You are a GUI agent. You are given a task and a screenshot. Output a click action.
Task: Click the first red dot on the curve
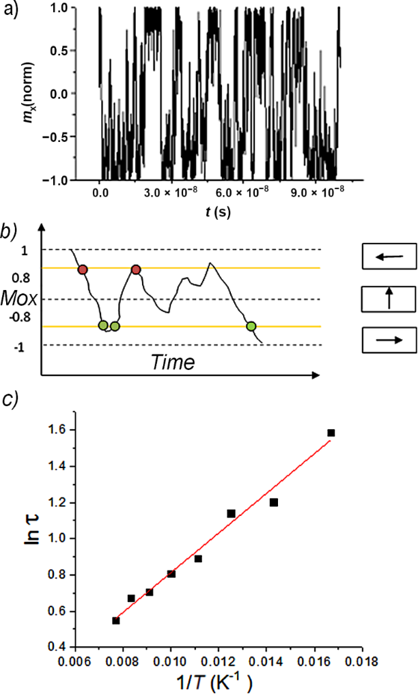tap(83, 270)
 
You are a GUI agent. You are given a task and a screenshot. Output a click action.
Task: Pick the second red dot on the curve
tap(136, 270)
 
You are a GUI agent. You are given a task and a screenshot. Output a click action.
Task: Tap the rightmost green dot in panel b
tap(251, 326)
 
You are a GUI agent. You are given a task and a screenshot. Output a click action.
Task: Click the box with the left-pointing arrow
tap(389, 257)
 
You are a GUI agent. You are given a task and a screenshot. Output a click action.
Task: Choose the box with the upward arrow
tap(389, 299)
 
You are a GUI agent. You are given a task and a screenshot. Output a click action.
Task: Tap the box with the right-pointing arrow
tap(389, 339)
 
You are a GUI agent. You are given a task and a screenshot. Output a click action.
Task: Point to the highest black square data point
tap(331, 433)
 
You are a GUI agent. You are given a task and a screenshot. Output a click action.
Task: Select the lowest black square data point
tap(116, 620)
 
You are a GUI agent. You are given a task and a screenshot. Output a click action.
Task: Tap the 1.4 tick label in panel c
tap(59, 467)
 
